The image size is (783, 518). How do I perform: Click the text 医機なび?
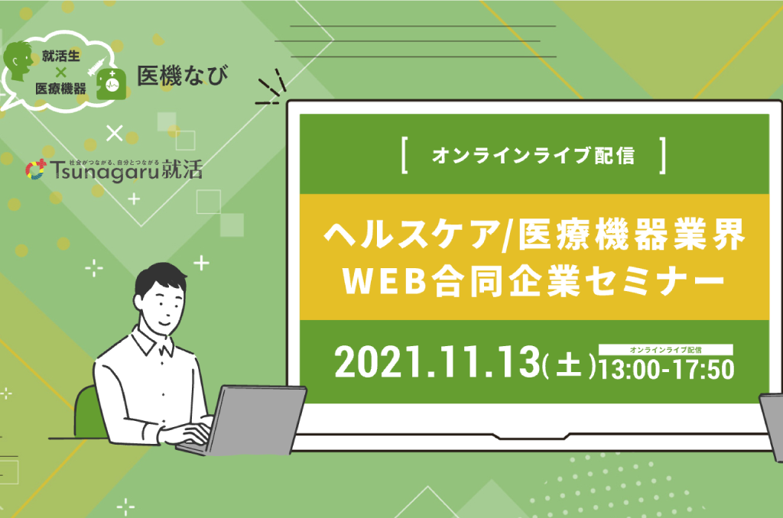point(183,76)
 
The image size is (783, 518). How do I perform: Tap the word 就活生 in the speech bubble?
point(61,56)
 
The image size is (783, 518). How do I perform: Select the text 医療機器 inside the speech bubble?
point(61,89)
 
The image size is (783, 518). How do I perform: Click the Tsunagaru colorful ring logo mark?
point(35,170)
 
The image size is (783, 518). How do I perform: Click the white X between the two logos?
point(115,133)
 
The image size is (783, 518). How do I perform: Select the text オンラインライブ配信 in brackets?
point(533,155)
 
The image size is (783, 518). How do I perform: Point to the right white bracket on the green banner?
point(663,156)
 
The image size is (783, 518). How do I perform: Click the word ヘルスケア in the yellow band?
point(412,235)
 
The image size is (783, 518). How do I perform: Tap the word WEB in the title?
point(385,281)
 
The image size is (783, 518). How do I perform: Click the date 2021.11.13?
point(437,362)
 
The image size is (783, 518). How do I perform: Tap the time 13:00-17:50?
point(667,370)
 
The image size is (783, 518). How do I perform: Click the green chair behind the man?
point(89,413)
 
